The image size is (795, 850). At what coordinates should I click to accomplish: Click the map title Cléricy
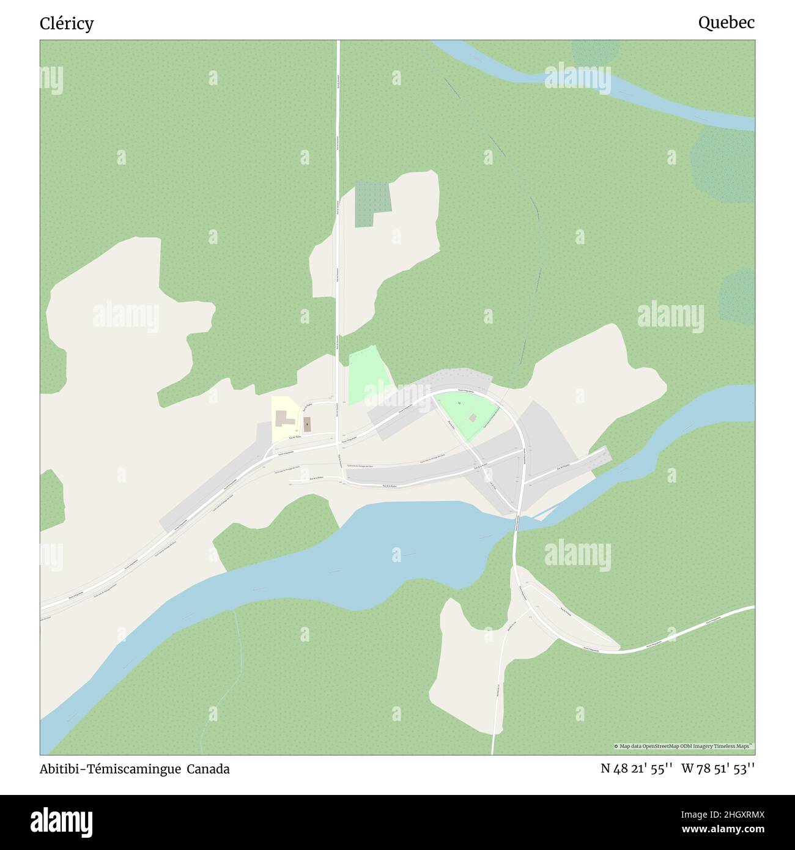click(x=67, y=24)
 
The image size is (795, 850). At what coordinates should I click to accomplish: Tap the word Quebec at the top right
click(x=726, y=23)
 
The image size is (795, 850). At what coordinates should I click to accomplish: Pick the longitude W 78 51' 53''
click(x=718, y=769)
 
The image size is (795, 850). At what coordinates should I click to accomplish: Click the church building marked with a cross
click(x=306, y=424)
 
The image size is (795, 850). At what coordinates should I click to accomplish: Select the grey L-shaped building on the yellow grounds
click(x=282, y=419)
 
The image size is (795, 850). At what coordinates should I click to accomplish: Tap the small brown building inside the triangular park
click(x=473, y=418)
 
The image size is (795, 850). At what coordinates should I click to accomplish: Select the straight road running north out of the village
click(x=338, y=183)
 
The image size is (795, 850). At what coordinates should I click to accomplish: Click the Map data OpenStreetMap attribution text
click(x=684, y=746)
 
